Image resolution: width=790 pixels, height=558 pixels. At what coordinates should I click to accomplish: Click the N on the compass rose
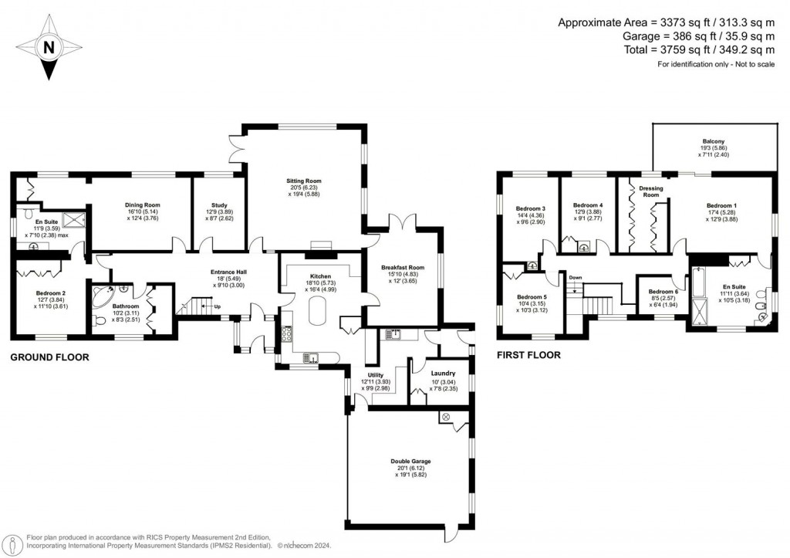[49, 47]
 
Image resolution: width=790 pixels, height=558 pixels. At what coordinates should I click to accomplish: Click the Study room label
[210, 205]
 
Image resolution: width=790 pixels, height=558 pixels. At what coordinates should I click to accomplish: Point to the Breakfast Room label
[403, 269]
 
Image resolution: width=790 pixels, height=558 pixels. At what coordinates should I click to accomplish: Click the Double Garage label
[410, 461]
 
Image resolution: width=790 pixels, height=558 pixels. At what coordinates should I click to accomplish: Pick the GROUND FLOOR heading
[49, 357]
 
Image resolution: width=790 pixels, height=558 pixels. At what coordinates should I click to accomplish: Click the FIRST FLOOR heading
[528, 355]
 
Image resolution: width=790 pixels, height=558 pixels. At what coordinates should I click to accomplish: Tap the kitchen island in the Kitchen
[318, 313]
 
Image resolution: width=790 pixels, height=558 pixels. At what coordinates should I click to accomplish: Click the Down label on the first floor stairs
[575, 277]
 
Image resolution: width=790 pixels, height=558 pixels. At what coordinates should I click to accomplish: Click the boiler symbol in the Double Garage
[446, 417]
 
